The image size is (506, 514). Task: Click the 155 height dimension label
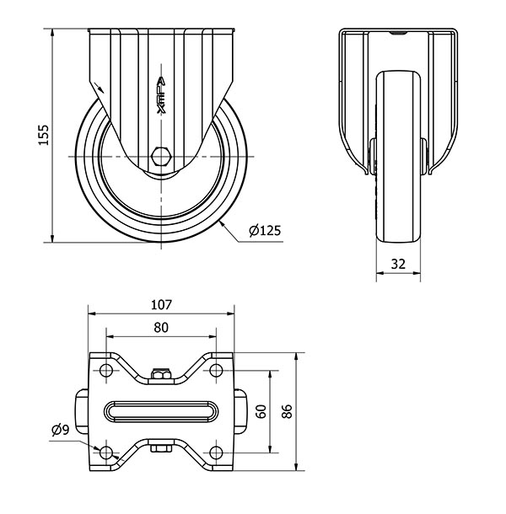[x=43, y=135]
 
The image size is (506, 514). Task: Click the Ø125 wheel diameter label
[x=265, y=230]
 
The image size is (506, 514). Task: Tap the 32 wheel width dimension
[x=398, y=264]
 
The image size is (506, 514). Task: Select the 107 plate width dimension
[x=161, y=305]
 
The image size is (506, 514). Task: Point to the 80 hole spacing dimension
[x=161, y=328]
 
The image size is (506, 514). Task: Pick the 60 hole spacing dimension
[x=261, y=411]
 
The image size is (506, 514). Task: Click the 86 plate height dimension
[x=287, y=411]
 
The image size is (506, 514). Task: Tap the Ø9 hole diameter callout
[x=61, y=430]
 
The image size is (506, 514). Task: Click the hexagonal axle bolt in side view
[x=161, y=157]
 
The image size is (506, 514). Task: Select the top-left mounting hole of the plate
[x=106, y=371]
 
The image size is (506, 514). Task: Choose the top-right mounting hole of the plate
[x=216, y=371]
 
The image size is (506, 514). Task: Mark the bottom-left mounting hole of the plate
[x=106, y=452]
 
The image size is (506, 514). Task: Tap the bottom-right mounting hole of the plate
[x=216, y=452]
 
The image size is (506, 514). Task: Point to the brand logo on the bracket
[x=161, y=95]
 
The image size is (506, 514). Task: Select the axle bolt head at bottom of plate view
[x=161, y=447]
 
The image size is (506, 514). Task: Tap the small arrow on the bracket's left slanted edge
[x=99, y=87]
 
